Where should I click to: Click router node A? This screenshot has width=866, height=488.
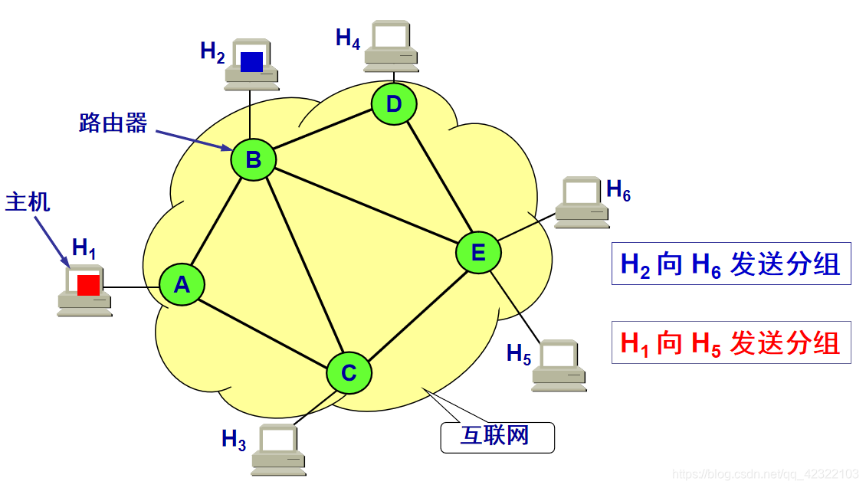click(182, 285)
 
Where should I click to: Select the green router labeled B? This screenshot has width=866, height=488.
click(253, 159)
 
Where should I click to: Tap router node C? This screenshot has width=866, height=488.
click(349, 373)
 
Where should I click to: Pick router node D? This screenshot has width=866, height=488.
click(394, 103)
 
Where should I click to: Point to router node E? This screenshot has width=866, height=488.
click(478, 252)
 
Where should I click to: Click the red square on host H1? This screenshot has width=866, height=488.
click(88, 285)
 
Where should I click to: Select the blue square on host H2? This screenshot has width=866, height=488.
click(251, 61)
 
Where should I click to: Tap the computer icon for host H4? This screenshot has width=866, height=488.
click(391, 46)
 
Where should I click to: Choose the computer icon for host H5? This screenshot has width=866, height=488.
click(559, 365)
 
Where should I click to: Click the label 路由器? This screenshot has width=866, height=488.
click(113, 123)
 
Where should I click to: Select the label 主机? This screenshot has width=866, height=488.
click(28, 202)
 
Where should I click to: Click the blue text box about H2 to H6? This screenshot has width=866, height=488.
click(730, 264)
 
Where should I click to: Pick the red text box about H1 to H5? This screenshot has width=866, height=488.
click(730, 342)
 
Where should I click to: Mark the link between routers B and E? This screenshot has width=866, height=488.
click(366, 206)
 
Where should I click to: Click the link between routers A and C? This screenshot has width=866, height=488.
click(264, 329)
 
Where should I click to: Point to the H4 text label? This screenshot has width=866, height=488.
click(348, 38)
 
